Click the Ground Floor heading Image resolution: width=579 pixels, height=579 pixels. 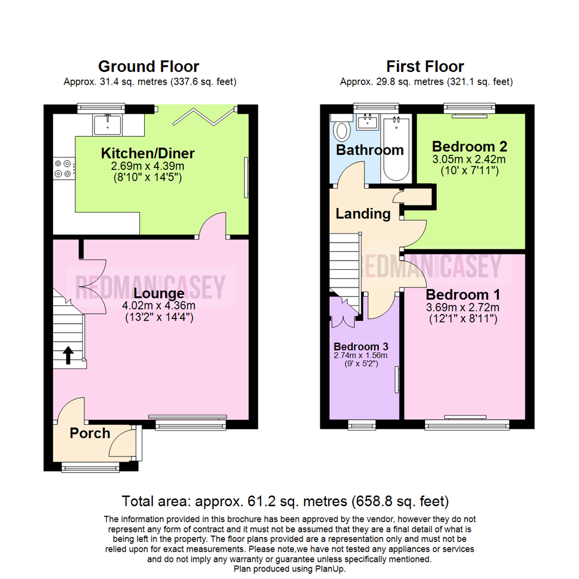point(149,66)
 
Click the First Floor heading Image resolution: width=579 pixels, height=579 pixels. point(425,66)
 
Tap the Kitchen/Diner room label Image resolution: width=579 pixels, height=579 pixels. point(148,154)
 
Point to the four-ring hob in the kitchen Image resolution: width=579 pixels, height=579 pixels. point(62,169)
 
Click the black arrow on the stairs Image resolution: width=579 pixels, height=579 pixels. point(69,355)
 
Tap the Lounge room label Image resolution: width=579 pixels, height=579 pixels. point(159,293)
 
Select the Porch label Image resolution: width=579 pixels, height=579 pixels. point(90,433)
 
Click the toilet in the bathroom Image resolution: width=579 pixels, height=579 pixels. point(341,130)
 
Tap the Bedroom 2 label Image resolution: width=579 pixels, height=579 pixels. point(470,146)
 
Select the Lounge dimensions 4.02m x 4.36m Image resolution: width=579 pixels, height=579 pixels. point(159,306)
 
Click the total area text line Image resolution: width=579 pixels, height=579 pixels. point(285,502)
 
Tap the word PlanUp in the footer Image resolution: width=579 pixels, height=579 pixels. point(330,569)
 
